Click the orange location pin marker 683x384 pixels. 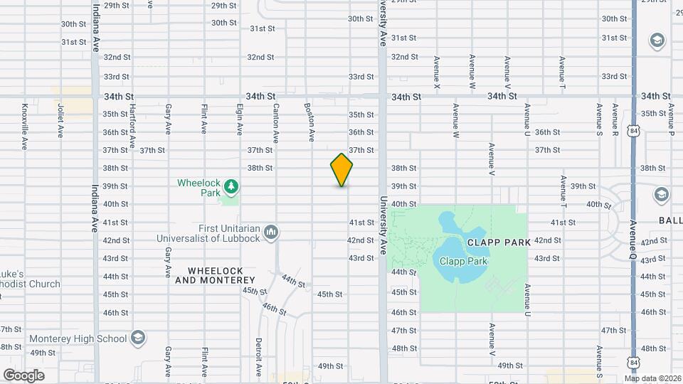pos(341,170)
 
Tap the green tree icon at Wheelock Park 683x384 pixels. pos(231,187)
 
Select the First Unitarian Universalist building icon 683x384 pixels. pos(270,232)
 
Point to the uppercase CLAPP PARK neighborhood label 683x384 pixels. pos(499,242)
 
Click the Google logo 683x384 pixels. pos(23,375)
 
